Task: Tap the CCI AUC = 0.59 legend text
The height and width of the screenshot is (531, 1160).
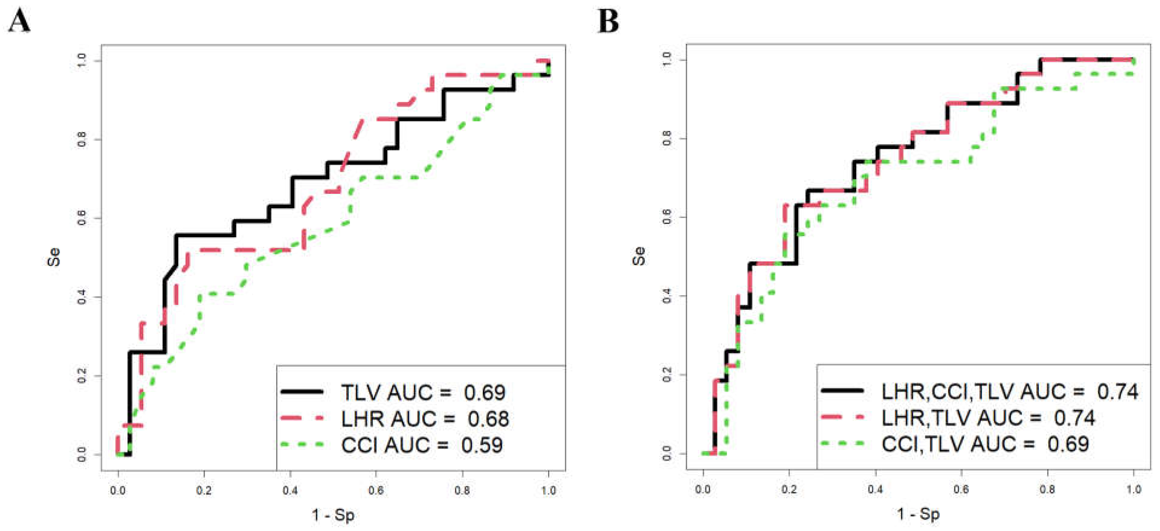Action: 421,445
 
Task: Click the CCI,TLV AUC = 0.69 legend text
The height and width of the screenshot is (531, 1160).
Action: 985,444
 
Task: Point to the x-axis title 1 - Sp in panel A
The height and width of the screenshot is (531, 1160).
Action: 333,515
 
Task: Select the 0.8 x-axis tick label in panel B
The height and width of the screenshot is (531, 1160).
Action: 1047,489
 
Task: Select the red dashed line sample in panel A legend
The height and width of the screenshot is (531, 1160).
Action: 302,418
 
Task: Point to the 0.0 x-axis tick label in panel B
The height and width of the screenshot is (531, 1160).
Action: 703,489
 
